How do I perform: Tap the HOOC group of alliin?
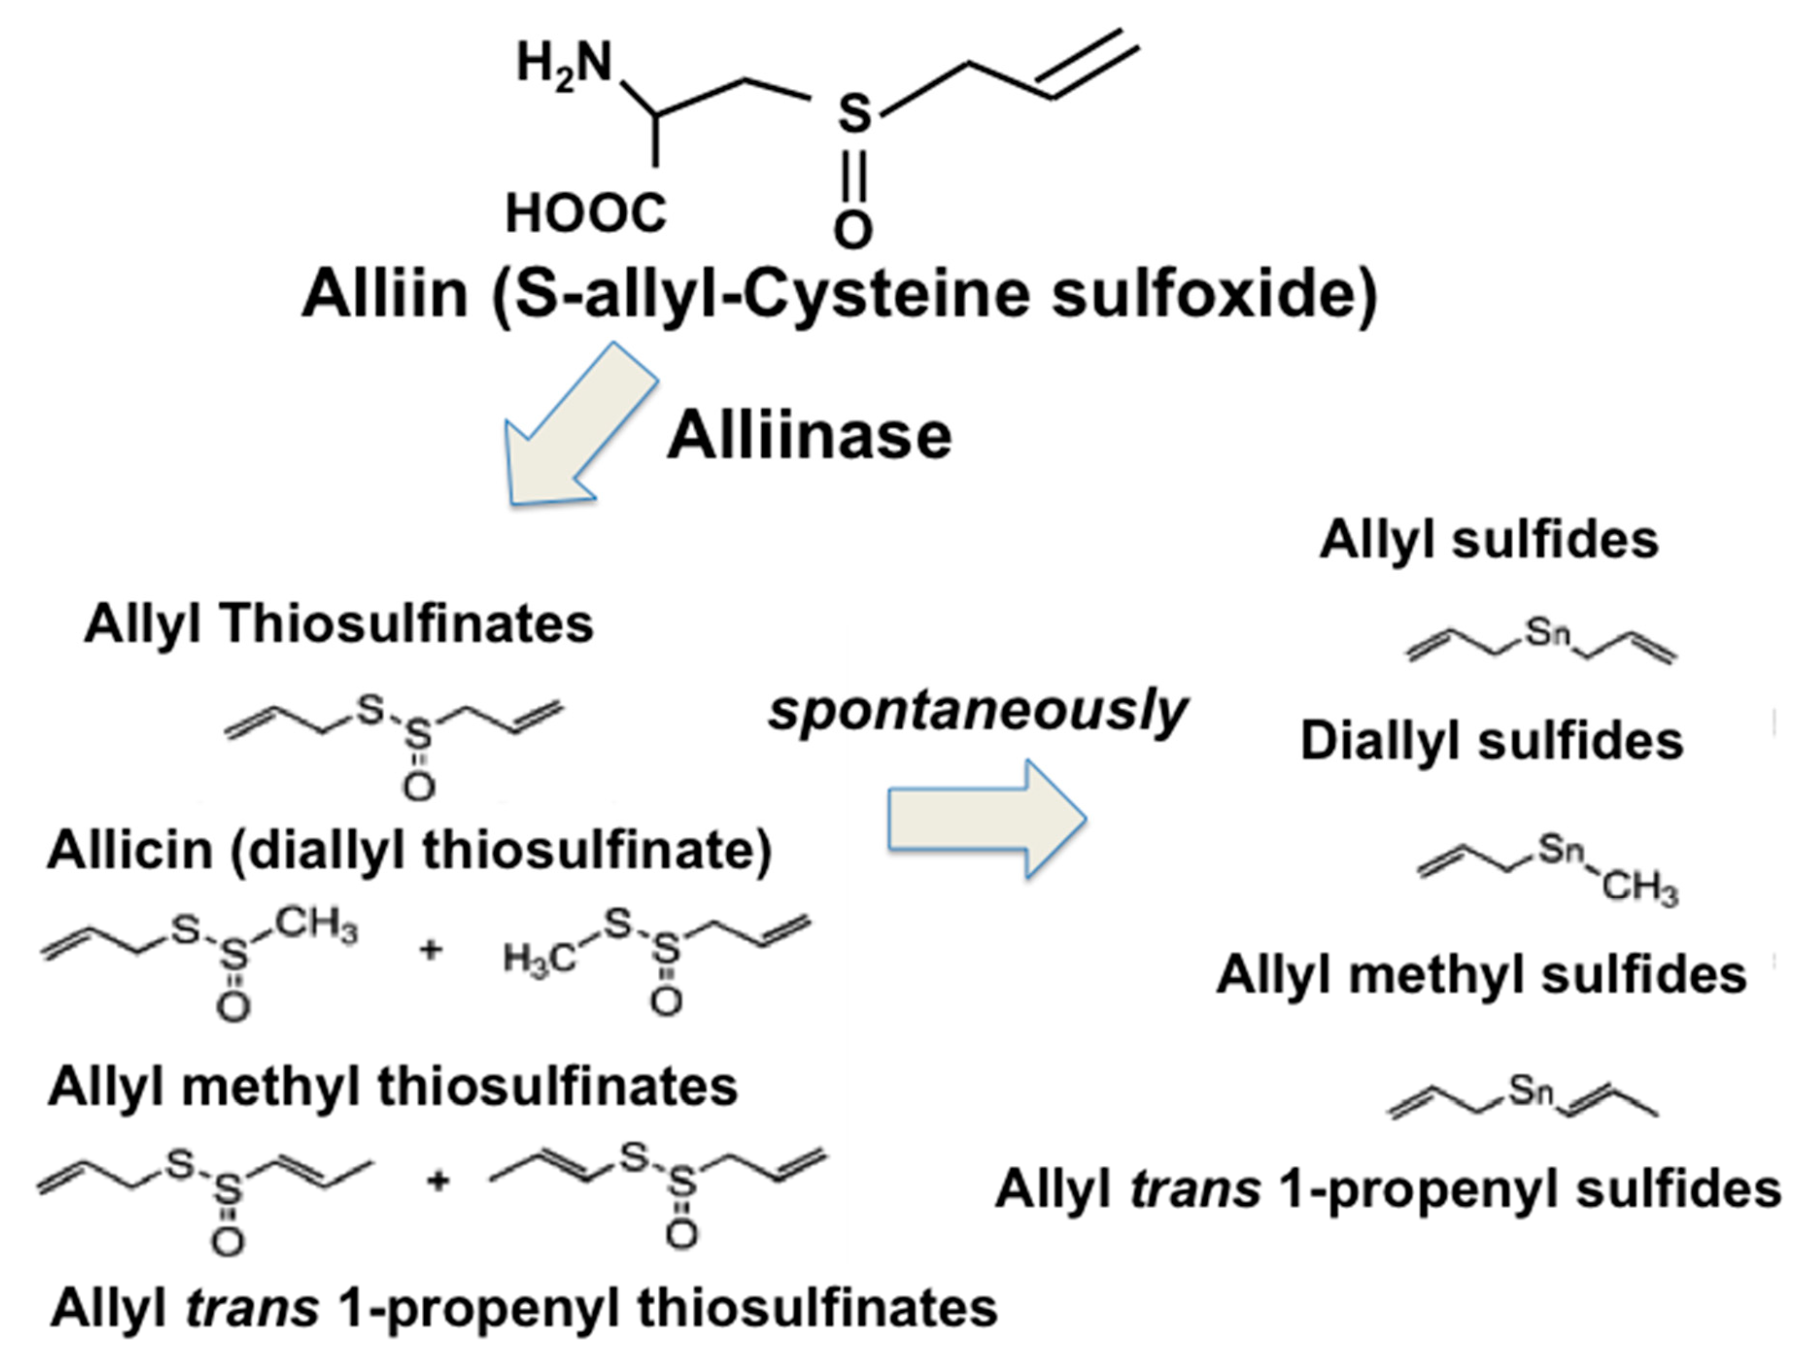coord(586,214)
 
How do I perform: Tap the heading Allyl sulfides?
coord(1489,540)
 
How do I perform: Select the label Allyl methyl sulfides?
coord(1481,974)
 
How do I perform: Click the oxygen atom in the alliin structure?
coord(853,231)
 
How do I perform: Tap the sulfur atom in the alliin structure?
coord(854,114)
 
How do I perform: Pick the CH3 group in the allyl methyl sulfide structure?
coord(1640,887)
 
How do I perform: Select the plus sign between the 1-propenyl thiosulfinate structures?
coord(437,1180)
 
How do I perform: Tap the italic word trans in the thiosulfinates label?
coord(253,1307)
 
